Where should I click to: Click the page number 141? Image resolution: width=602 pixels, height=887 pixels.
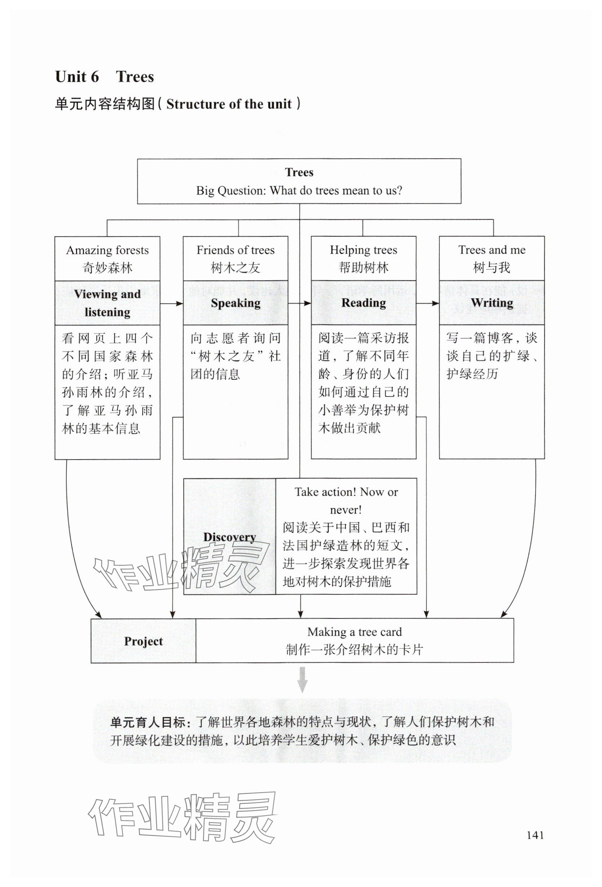[535, 835]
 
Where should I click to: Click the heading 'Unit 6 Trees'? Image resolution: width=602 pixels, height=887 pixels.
[104, 77]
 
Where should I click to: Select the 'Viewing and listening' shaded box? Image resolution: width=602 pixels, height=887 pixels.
[107, 303]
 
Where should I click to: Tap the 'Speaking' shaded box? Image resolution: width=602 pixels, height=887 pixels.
[235, 303]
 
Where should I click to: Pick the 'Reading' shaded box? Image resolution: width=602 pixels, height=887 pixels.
[363, 303]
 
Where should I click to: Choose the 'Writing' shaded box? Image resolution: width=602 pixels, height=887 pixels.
[492, 303]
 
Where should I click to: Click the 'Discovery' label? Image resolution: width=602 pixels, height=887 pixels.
[229, 537]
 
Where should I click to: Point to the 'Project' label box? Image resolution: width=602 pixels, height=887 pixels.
[143, 641]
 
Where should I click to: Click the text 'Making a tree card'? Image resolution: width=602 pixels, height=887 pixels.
[355, 632]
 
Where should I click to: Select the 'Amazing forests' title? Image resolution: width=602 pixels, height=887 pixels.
[107, 250]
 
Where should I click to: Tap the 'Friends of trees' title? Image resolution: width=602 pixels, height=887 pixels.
[235, 250]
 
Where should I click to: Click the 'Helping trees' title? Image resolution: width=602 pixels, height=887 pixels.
[363, 250]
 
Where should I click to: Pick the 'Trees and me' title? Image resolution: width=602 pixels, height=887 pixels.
[492, 250]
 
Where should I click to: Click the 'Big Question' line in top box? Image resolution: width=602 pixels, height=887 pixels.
[299, 191]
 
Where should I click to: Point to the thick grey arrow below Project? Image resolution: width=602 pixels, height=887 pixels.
[302, 680]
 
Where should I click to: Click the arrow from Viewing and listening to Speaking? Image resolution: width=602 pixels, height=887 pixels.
[171, 304]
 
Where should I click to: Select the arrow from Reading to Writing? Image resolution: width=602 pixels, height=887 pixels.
[427, 304]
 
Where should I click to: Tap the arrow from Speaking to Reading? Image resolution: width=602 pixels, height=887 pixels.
[299, 304]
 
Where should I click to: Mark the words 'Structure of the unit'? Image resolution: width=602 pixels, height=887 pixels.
[229, 104]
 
